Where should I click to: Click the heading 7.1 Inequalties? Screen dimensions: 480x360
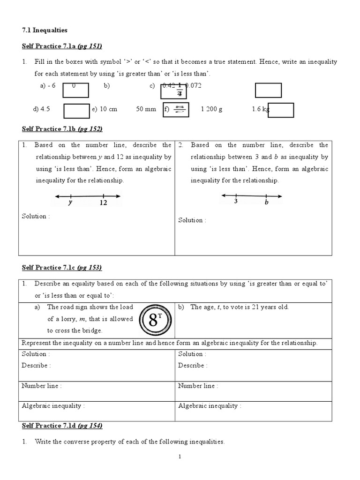(x=45, y=30)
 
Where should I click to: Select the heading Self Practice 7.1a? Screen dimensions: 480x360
(x=62, y=46)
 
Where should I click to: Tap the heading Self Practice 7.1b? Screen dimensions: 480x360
(x=62, y=129)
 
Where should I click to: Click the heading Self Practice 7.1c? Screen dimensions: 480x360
(x=62, y=268)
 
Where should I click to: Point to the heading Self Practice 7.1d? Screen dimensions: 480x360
(x=62, y=426)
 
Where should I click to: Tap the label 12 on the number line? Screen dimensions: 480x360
(x=103, y=203)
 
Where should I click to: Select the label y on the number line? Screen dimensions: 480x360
(x=70, y=203)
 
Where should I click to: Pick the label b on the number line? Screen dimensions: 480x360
(x=266, y=202)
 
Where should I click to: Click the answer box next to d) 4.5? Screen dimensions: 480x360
(x=76, y=110)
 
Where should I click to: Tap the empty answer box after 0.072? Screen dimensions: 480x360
(x=268, y=90)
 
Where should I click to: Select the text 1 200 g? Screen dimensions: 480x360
(x=211, y=109)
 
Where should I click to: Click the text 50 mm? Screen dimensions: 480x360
(x=146, y=109)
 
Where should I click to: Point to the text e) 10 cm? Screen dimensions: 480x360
(x=105, y=109)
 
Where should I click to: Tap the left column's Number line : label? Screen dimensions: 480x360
(x=42, y=386)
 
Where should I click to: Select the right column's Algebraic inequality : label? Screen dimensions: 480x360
(x=210, y=406)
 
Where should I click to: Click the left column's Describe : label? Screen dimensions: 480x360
(x=36, y=365)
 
